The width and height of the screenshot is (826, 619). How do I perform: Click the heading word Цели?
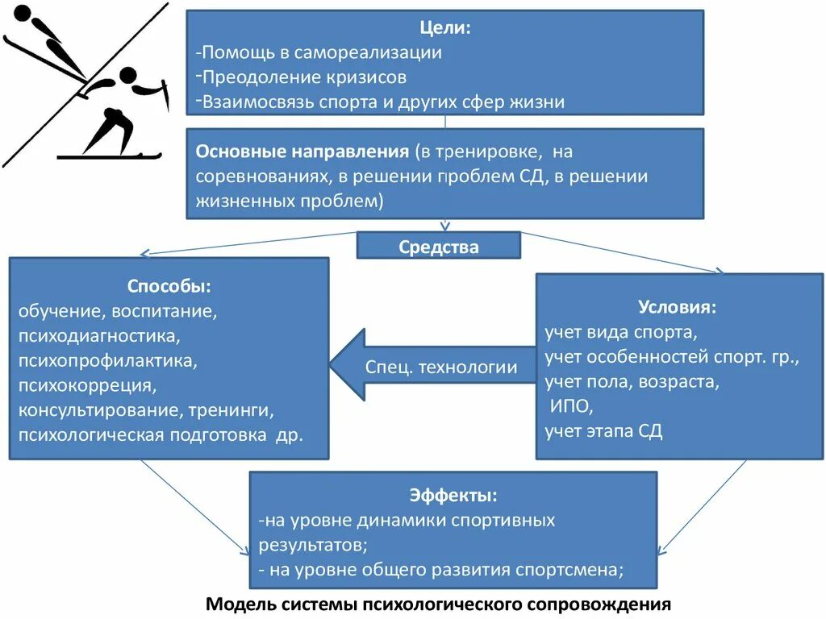444,28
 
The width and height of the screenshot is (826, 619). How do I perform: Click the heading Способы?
169,286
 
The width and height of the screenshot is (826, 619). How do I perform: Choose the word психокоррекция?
86,386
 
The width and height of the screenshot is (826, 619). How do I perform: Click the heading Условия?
677,307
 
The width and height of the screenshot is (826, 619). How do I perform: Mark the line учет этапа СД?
603,431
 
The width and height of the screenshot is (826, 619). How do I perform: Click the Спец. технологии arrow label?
441,368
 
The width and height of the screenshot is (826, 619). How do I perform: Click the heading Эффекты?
453,495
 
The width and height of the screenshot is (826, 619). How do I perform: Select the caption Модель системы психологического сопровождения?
439,604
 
